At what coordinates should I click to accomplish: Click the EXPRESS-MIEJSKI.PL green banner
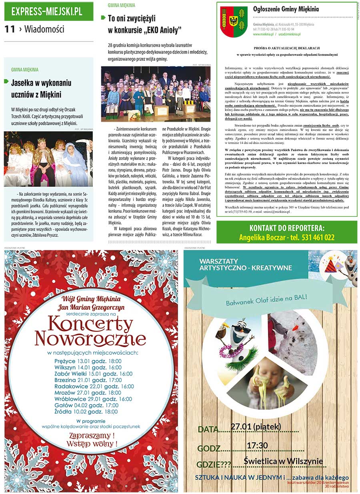[x=48, y=11]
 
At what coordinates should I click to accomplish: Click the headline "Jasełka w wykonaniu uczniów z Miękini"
[x=41, y=89]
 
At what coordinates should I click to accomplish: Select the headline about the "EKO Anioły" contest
[x=144, y=24]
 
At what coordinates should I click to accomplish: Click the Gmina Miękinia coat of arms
[x=234, y=22]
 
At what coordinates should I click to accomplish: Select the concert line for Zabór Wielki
[x=93, y=374]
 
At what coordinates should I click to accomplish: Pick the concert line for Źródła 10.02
[x=86, y=412]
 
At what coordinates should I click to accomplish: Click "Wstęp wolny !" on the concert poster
[x=92, y=444]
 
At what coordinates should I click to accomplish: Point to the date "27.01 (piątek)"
[x=256, y=427]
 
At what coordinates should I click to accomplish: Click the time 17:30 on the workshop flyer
[x=257, y=446]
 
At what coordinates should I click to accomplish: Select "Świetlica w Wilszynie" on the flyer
[x=283, y=461]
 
